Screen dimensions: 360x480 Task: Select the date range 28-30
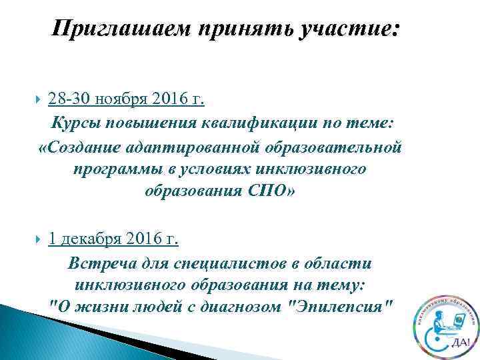click(x=69, y=100)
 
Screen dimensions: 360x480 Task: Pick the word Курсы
click(x=75, y=123)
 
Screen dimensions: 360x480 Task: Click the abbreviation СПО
click(x=269, y=191)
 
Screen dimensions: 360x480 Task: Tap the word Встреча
click(x=100, y=263)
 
